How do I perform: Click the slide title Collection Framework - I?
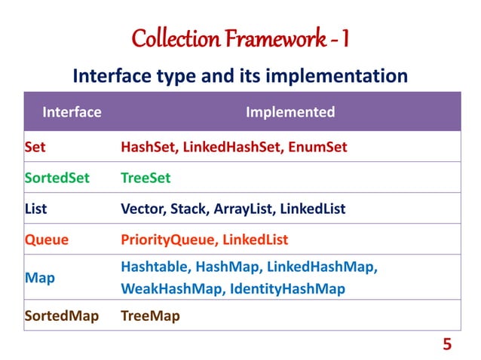pos(240,37)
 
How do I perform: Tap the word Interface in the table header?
pos(72,112)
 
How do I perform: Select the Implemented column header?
pos(290,112)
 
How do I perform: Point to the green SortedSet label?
pos(57,178)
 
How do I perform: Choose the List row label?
pos(35,209)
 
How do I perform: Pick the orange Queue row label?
pos(46,239)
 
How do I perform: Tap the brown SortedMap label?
pos(61,316)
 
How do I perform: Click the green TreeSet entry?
pos(146,178)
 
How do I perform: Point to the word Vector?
pos(143,209)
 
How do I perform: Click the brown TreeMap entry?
pos(150,316)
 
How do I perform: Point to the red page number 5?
pos(447,344)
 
